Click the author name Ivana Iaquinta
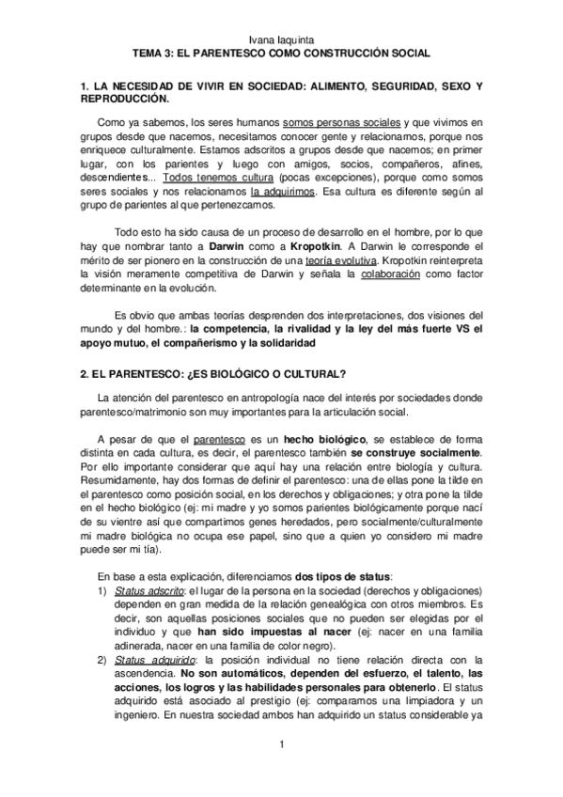coord(281,40)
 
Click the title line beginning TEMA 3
coord(281,55)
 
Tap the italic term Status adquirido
coord(148,662)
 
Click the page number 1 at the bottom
coord(281,746)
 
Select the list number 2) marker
coord(102,662)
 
